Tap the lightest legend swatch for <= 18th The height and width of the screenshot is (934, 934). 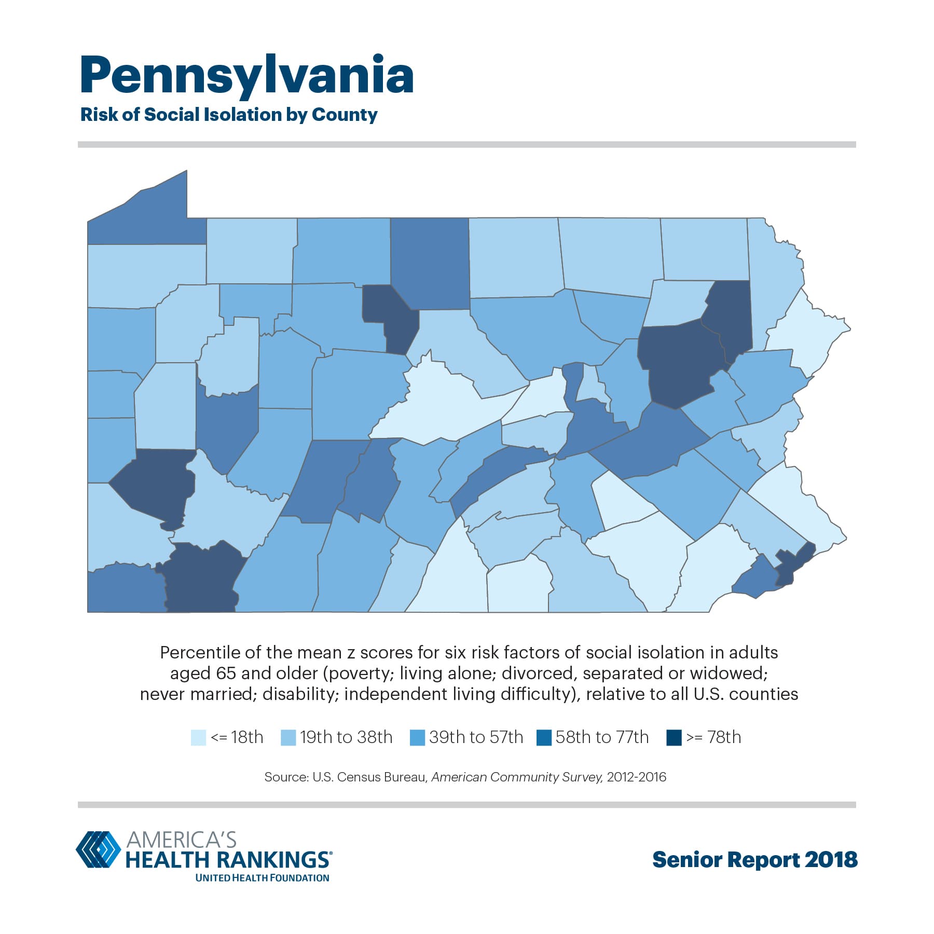[198, 737]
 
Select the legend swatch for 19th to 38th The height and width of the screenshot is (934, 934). [288, 737]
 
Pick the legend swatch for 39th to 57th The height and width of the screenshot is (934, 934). [417, 737]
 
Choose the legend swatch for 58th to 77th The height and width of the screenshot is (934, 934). [544, 737]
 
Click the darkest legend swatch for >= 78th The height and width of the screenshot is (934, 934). [674, 737]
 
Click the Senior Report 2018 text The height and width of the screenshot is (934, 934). [754, 859]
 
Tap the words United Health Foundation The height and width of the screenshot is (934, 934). [262, 877]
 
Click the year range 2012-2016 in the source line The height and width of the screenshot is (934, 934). [636, 777]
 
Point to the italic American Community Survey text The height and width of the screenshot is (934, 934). [517, 777]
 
